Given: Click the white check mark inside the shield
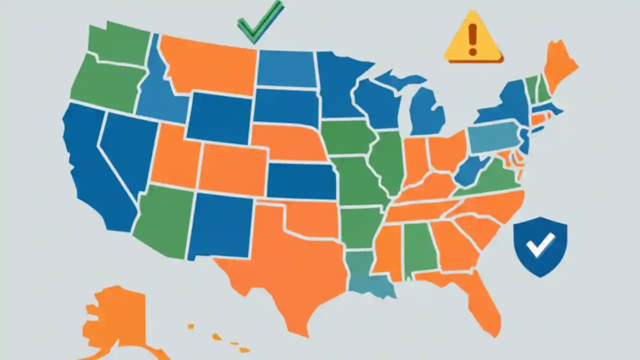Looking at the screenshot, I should coord(540,244).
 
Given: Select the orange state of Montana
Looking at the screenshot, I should coord(207,65).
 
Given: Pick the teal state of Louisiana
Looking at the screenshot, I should coord(367,275).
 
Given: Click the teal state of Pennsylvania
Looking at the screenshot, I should coord(492,137).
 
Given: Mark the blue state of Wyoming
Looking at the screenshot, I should coord(220,117).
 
